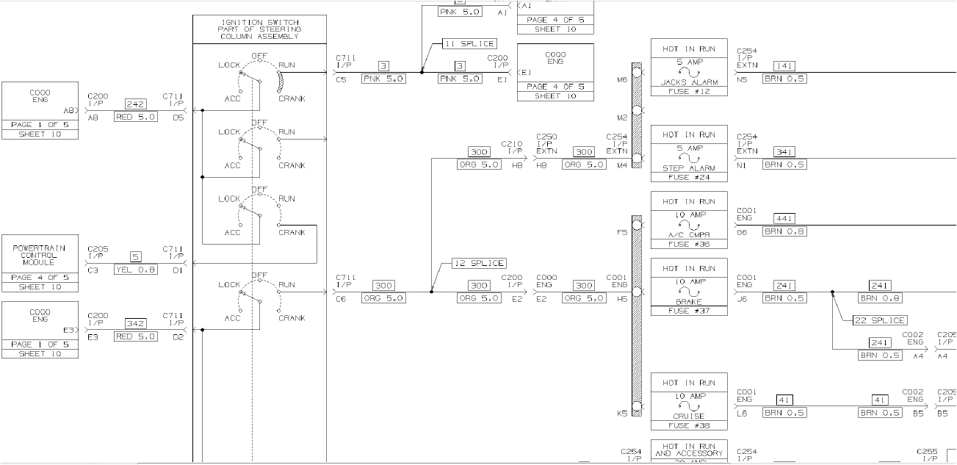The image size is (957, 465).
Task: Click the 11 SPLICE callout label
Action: (x=469, y=44)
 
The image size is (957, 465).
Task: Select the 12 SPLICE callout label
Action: (x=479, y=263)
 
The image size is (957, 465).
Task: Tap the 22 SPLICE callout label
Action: (x=879, y=320)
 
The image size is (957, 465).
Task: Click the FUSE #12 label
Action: (x=689, y=91)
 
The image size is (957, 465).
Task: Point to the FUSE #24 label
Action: (x=689, y=177)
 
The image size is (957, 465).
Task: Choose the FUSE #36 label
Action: (x=689, y=244)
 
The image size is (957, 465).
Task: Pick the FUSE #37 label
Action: (x=689, y=311)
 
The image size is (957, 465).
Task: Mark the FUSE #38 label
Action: (x=689, y=425)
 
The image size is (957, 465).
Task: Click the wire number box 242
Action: (x=135, y=104)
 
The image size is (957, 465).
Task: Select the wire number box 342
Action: (x=135, y=323)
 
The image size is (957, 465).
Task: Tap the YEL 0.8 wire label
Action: (x=135, y=270)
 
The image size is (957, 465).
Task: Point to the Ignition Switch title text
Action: (x=259, y=29)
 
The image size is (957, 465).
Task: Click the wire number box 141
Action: (x=784, y=66)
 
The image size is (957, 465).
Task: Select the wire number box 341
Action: (x=784, y=152)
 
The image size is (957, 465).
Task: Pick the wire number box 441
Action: (x=784, y=219)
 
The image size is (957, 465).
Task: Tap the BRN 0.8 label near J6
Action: (x=880, y=298)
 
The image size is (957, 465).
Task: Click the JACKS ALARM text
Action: (x=689, y=82)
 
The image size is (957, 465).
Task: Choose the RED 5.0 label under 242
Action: (x=135, y=117)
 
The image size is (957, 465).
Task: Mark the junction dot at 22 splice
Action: (x=832, y=292)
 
